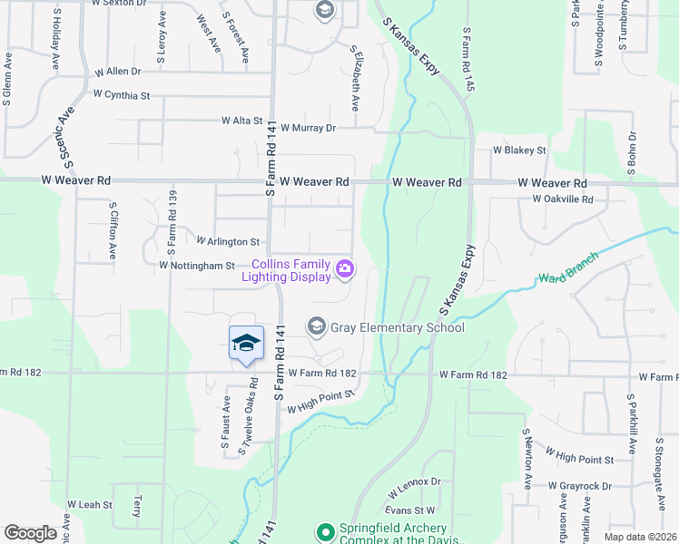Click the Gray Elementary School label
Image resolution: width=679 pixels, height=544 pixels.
[398, 328]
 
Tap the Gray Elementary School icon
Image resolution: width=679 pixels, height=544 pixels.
[317, 325]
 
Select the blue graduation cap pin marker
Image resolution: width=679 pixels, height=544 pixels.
[246, 343]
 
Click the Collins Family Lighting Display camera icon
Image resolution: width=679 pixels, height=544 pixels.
[345, 268]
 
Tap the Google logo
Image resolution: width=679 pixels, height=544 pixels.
[30, 533]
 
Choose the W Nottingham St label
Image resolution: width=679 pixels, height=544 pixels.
[197, 266]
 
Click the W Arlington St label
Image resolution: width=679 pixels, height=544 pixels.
[229, 242]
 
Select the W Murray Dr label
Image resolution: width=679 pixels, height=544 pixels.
[308, 129]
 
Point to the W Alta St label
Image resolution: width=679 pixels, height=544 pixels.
[242, 120]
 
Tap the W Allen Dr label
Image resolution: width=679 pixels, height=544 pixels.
[118, 71]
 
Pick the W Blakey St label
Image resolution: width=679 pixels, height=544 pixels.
[519, 151]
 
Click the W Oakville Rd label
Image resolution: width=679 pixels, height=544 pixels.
[562, 199]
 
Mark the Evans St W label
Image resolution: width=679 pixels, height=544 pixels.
[411, 510]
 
